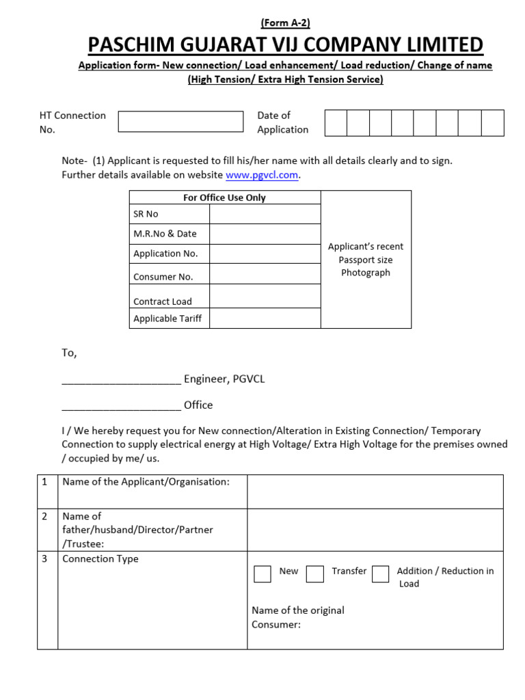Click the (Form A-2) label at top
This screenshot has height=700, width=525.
(285, 23)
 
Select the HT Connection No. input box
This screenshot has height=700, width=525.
(180, 122)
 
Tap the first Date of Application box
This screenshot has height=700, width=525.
(336, 123)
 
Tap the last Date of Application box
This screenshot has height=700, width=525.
(492, 123)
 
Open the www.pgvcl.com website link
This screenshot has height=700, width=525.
(262, 175)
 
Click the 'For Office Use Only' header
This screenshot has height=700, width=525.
(224, 198)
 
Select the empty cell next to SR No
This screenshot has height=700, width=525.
(265, 214)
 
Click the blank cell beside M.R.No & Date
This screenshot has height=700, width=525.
(265, 234)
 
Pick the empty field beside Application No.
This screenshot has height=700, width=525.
(265, 254)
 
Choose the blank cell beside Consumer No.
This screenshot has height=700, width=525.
(265, 274)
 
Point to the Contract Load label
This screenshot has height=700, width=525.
(163, 301)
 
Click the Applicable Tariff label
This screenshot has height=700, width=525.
(167, 319)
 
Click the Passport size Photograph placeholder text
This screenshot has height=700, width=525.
(366, 260)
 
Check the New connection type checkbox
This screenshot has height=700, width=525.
(262, 574)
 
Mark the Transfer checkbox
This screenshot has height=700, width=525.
(314, 574)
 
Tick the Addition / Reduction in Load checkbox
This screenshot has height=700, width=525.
(381, 574)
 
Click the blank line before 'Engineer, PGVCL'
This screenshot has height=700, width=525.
(121, 379)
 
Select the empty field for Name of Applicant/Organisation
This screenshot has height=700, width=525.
(375, 492)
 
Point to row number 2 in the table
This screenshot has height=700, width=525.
(45, 517)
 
